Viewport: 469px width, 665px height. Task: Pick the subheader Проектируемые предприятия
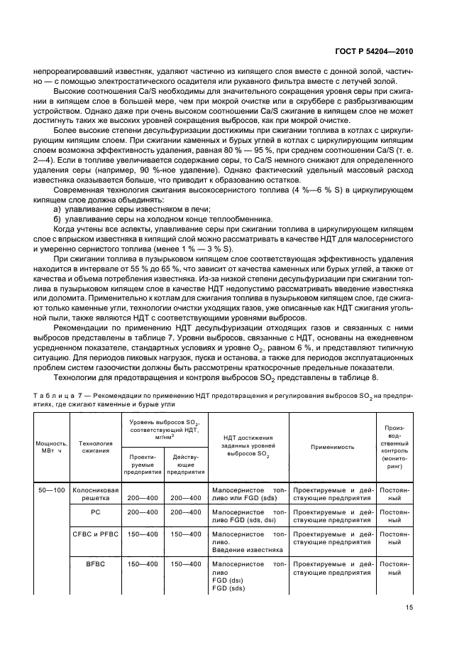pos(143,463)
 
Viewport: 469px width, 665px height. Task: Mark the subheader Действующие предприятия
pos(185,463)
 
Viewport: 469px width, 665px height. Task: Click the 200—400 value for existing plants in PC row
pos(185,511)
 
